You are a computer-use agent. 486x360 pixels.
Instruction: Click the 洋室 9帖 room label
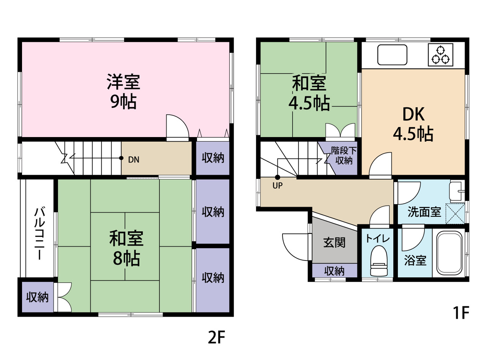click(x=123, y=91)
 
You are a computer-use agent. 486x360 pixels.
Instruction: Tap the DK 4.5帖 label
click(x=413, y=124)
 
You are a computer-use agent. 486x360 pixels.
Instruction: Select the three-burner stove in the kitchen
click(x=440, y=55)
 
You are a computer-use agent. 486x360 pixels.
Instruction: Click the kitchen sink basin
click(x=392, y=55)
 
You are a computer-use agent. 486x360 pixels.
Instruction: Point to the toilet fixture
click(x=379, y=261)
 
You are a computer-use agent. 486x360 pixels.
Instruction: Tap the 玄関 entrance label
click(x=334, y=243)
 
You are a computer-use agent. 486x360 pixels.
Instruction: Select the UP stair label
click(x=278, y=186)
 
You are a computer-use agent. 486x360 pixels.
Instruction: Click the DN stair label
click(x=134, y=159)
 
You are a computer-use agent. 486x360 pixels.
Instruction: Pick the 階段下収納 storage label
click(x=344, y=155)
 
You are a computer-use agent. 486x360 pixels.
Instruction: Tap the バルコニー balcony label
click(x=39, y=233)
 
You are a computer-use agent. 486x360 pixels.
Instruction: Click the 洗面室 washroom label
click(x=424, y=212)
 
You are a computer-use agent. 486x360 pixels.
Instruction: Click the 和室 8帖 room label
click(x=126, y=248)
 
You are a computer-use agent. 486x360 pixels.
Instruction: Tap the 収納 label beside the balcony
click(x=37, y=297)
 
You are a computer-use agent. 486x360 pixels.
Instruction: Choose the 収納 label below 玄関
click(x=334, y=272)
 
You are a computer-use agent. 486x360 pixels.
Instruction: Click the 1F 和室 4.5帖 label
click(x=309, y=93)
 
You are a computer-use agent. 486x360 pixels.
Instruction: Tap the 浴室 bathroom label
click(x=415, y=261)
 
